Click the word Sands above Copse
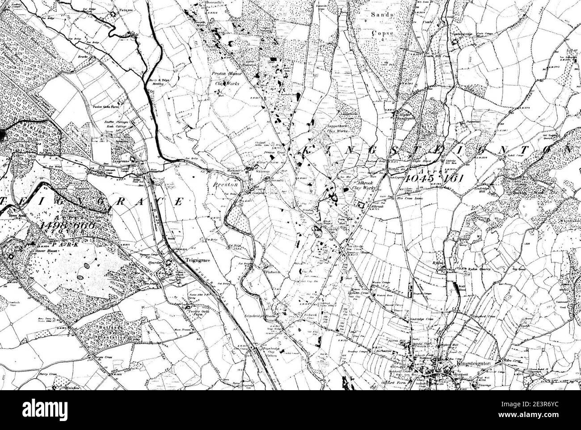[x=383, y=15]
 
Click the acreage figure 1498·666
[x=67, y=225]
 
